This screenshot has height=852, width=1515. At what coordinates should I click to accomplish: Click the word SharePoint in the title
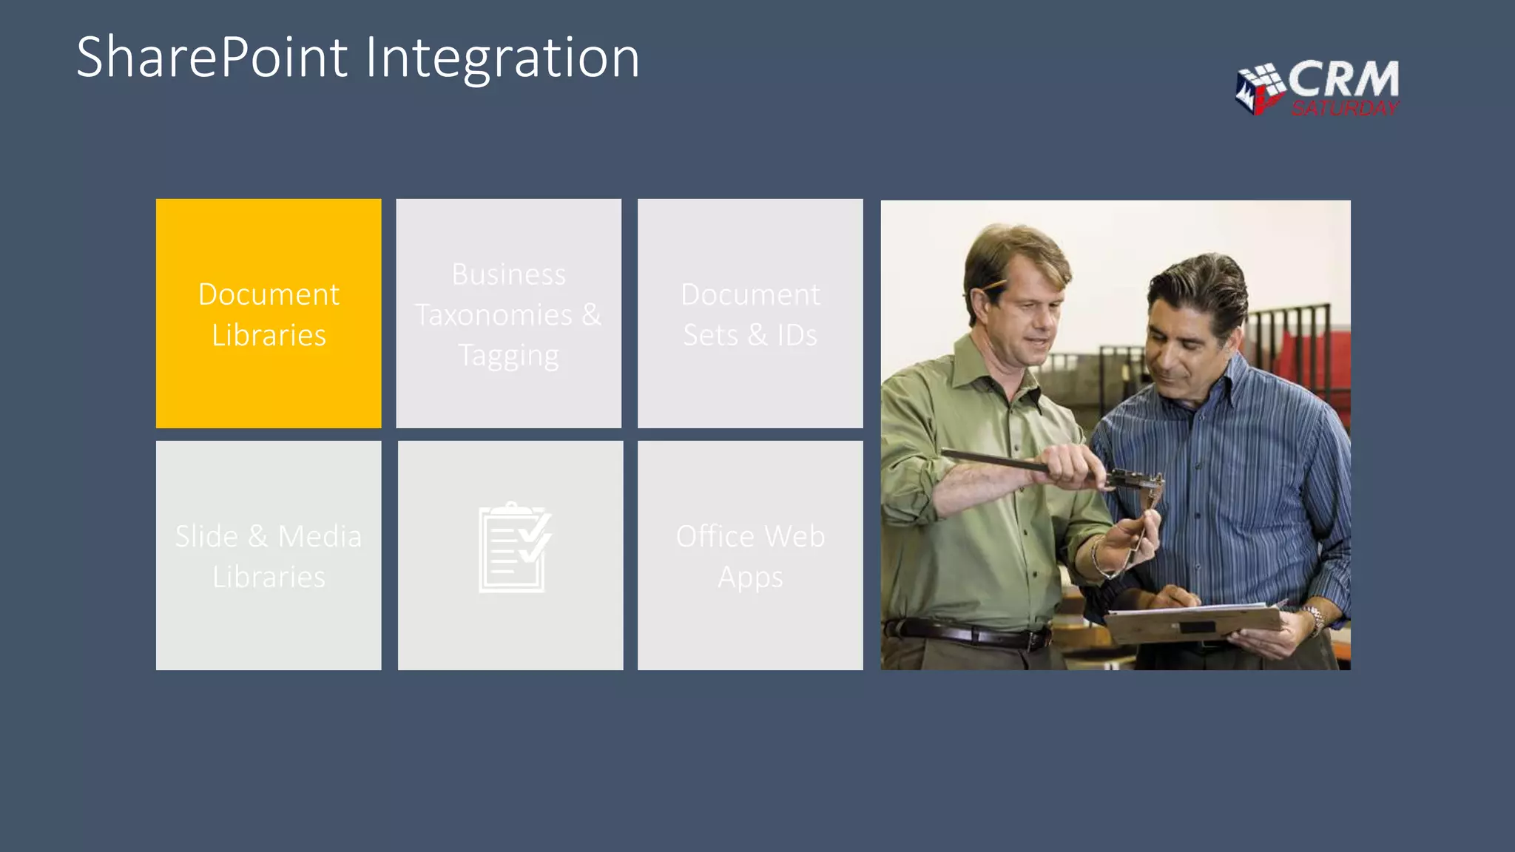[212, 58]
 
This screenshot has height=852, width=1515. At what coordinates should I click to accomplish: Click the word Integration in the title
[502, 58]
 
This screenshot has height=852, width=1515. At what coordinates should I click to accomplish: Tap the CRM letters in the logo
[1343, 78]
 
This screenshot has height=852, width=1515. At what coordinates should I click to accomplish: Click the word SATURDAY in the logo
[1344, 109]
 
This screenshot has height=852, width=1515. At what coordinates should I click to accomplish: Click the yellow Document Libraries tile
[269, 314]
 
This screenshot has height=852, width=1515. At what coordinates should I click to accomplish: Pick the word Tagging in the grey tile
[508, 356]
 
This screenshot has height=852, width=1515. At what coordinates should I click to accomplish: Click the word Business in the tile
[508, 274]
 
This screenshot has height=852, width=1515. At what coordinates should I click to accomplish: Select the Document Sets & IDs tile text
[749, 314]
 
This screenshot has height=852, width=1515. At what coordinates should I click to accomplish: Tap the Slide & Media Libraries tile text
[269, 556]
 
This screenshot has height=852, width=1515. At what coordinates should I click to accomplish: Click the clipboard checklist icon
[514, 547]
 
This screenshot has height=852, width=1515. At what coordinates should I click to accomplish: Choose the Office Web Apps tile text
[749, 556]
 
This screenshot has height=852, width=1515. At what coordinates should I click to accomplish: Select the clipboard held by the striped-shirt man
[1191, 621]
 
